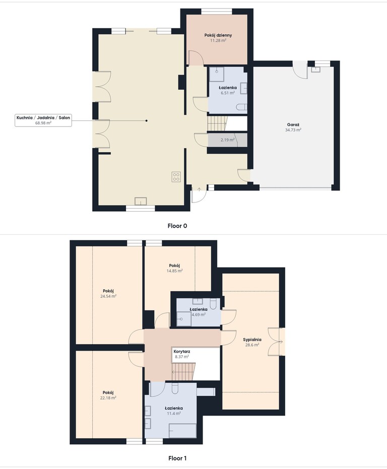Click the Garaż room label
(x=293, y=124)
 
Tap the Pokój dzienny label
(x=218, y=35)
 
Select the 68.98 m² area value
(x=43, y=122)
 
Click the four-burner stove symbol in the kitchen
(x=176, y=176)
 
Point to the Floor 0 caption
(x=177, y=226)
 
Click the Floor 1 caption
(x=177, y=458)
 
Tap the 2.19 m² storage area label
(x=227, y=140)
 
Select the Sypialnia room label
(x=252, y=340)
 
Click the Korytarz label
(x=182, y=352)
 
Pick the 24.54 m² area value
(x=108, y=296)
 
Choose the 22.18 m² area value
(x=108, y=398)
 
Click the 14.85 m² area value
(x=174, y=271)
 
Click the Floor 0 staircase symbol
(x=218, y=123)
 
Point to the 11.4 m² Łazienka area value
(x=174, y=414)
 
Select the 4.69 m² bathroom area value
(x=199, y=315)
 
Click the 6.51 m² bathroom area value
(x=227, y=93)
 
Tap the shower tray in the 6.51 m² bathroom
(x=216, y=74)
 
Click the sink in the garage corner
(x=315, y=70)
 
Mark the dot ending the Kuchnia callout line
(x=146, y=120)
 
